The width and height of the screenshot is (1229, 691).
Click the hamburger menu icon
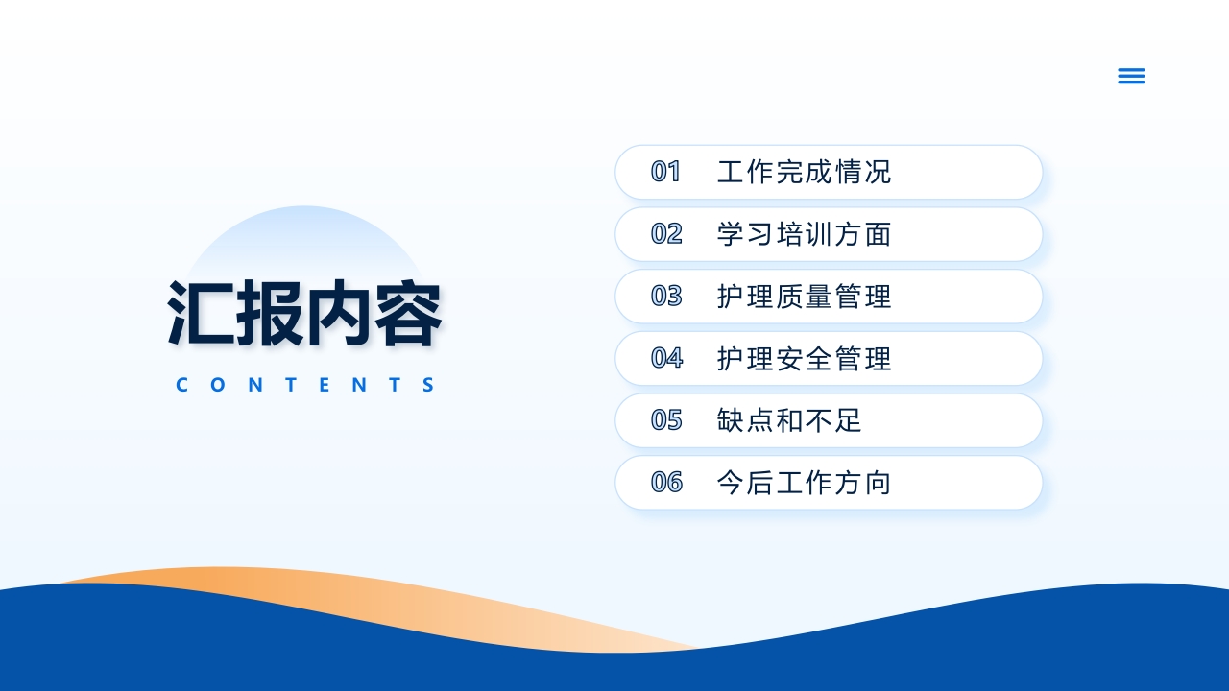click(x=1131, y=76)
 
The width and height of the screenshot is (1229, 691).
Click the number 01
click(x=665, y=172)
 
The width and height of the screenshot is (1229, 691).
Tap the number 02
click(x=665, y=234)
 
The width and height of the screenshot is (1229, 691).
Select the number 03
click(x=665, y=296)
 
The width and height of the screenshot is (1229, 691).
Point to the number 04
click(x=665, y=358)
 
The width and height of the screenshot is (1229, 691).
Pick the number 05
click(x=665, y=420)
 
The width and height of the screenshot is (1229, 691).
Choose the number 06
click(x=665, y=482)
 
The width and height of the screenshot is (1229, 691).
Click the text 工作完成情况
click(x=804, y=172)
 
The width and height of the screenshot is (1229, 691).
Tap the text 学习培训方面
click(x=804, y=234)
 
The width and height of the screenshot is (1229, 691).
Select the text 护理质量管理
click(x=804, y=297)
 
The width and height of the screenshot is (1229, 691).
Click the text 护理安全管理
click(x=804, y=359)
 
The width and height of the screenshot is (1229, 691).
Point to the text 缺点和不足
click(x=789, y=420)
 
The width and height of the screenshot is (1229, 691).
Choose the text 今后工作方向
click(x=804, y=483)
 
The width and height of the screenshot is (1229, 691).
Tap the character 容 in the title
click(x=408, y=313)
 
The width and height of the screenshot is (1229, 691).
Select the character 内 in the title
click(x=339, y=313)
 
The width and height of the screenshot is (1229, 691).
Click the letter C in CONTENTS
click(x=182, y=386)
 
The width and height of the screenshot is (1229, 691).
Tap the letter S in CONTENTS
click(x=428, y=386)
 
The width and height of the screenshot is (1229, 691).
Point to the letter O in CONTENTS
click(x=216, y=386)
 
